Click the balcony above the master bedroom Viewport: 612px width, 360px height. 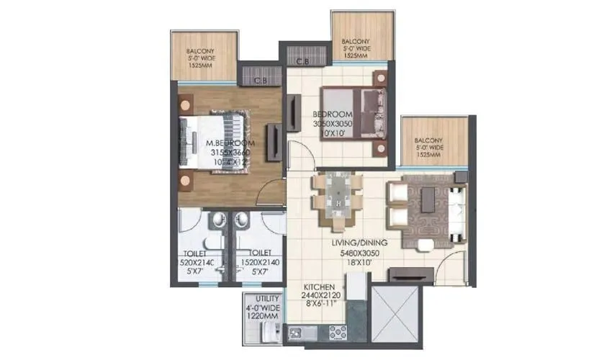click(203, 57)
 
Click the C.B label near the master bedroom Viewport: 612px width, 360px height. click(261, 80)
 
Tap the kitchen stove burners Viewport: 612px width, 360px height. click(337, 332)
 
